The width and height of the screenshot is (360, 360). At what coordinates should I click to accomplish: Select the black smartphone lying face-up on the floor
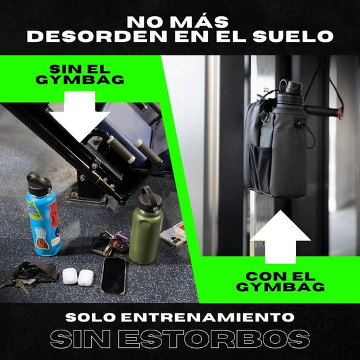[113, 276]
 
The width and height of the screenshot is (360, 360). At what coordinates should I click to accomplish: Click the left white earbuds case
[70, 276]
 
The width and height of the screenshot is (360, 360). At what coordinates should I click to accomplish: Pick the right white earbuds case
[86, 277]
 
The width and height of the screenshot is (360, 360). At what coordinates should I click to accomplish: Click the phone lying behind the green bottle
[173, 233]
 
